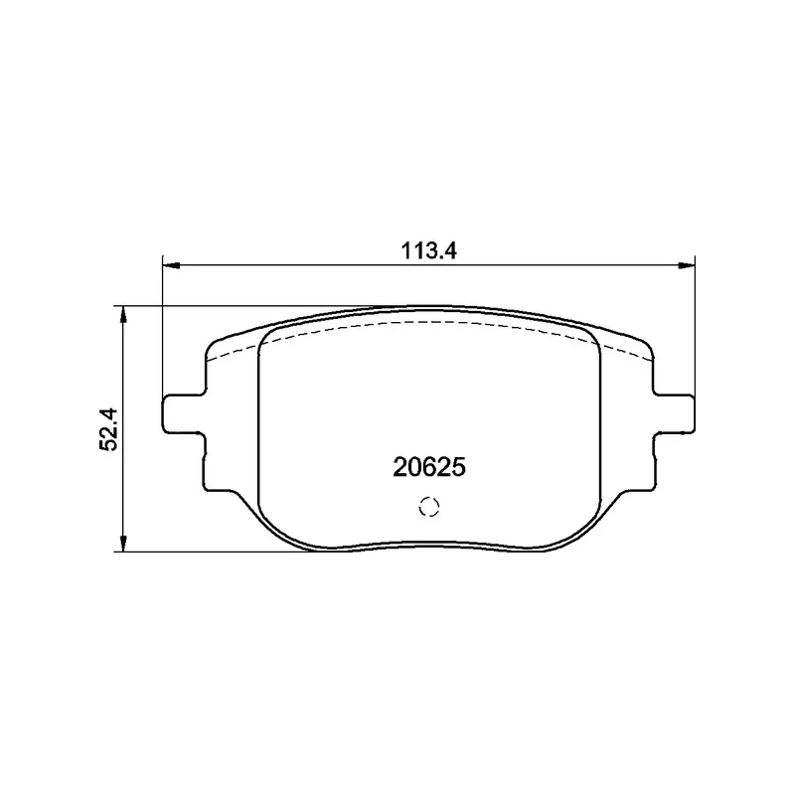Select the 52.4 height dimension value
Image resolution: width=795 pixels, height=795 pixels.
(109, 428)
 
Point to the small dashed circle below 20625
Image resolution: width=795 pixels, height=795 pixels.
(429, 506)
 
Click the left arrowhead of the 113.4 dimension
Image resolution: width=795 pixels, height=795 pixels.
(169, 265)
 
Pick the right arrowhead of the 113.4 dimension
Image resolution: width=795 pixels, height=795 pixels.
(687, 265)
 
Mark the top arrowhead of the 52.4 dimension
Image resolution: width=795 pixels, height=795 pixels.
(122, 313)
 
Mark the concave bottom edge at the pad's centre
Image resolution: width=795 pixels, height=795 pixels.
(428, 545)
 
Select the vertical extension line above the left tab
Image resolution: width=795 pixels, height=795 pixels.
(162, 328)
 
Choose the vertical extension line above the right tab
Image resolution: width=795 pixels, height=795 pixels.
(694, 328)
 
